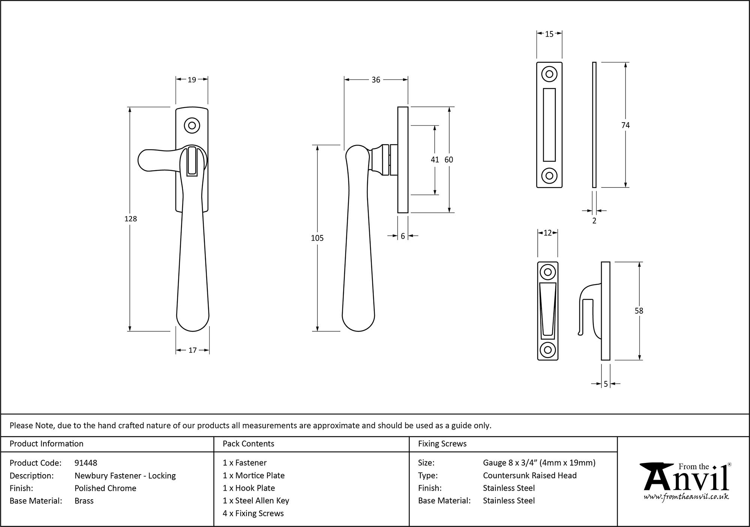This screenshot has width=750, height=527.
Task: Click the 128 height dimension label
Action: click(130, 219)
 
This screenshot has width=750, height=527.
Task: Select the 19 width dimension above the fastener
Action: click(192, 79)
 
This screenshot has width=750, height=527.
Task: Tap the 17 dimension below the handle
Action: click(192, 350)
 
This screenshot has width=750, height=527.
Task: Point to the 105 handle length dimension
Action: click(317, 238)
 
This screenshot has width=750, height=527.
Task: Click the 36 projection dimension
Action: click(376, 80)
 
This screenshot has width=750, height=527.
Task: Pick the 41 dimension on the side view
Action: click(435, 160)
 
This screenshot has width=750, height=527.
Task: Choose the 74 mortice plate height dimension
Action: click(625, 125)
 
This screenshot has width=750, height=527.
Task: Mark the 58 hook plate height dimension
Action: click(639, 311)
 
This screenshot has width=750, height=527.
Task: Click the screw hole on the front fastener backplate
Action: click(192, 126)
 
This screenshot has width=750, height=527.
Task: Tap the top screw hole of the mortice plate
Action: click(549, 74)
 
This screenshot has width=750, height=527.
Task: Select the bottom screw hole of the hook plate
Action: click(547, 350)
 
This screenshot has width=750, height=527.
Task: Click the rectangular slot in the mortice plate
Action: click(549, 124)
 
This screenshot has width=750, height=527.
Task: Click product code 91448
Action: click(86, 463)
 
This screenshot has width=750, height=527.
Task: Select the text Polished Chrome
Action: click(105, 488)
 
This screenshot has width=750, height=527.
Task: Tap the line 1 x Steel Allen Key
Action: click(256, 500)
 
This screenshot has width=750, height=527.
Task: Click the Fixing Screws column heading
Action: click(442, 444)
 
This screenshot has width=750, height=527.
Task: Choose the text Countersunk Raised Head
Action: click(529, 475)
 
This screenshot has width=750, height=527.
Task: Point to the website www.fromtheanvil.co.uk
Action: click(686, 497)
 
